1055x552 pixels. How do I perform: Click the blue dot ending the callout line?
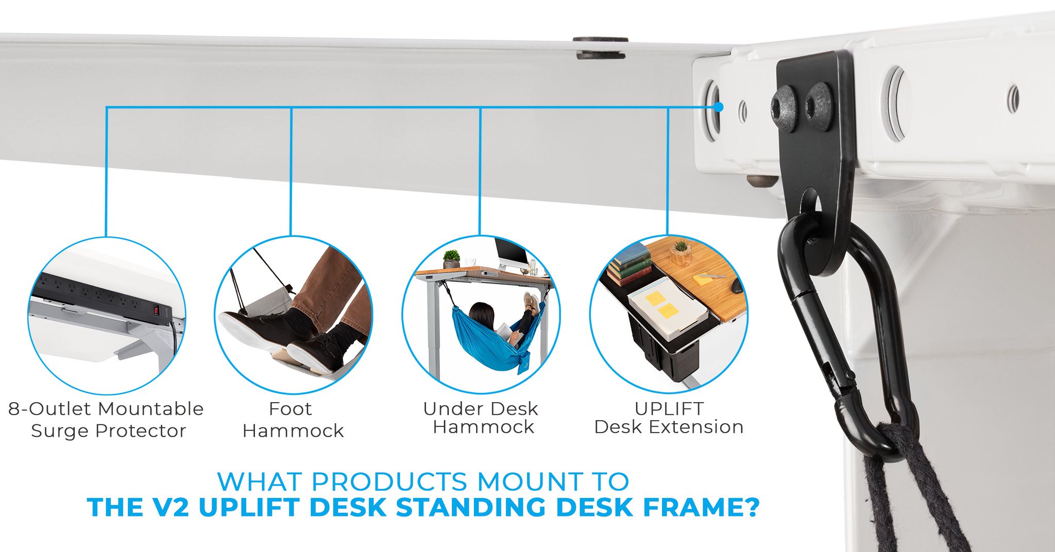719,107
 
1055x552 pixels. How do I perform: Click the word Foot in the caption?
290,409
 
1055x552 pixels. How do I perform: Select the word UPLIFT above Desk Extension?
669,408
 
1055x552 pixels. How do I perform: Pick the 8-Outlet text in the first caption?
50,409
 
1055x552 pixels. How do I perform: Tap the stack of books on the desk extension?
629,264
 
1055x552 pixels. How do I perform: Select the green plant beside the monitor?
452,257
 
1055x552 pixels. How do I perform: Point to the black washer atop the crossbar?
601,47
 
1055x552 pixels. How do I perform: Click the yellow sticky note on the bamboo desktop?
706,280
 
